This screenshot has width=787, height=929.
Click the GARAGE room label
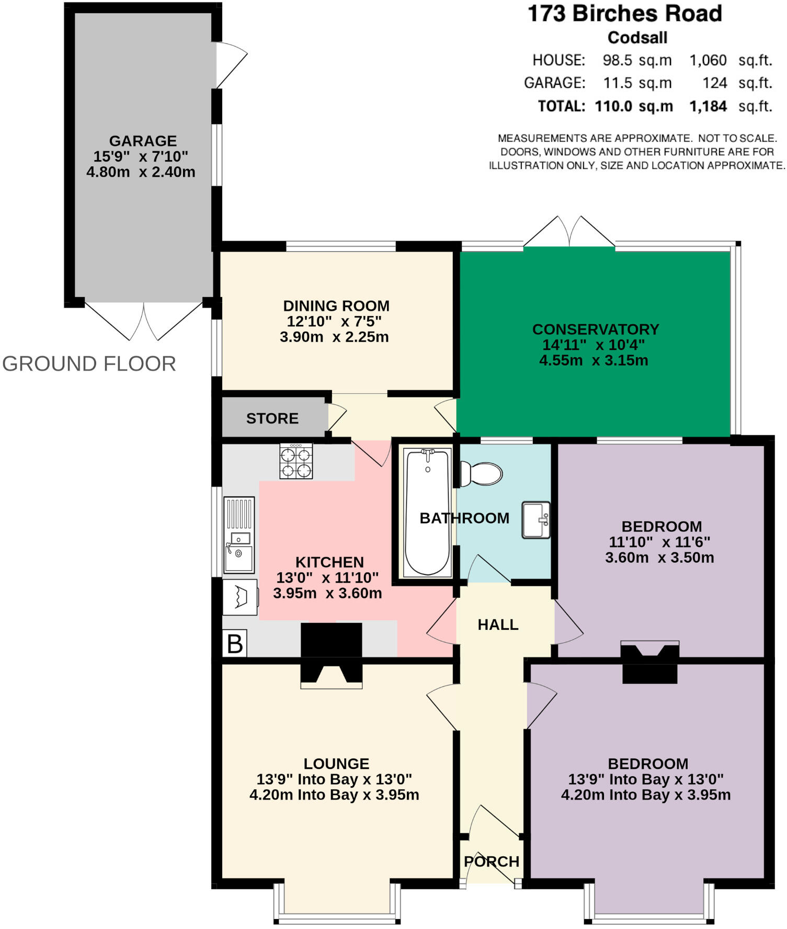[143, 141]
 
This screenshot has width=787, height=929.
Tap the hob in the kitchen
[296, 461]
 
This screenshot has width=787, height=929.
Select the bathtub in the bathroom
[427, 512]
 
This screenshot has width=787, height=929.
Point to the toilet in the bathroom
[481, 473]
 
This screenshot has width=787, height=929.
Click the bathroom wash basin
[535, 520]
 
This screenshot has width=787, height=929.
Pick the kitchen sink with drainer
[239, 534]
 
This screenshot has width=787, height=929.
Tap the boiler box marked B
[235, 643]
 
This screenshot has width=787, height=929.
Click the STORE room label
[272, 418]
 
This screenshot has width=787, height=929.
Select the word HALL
[498, 625]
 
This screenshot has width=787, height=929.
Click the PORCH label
[492, 862]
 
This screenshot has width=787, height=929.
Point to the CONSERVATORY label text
[596, 329]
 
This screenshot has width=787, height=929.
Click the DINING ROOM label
[336, 305]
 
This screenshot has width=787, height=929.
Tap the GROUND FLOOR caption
[89, 364]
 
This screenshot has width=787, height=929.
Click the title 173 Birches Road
[625, 14]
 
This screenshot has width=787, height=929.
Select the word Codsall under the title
[637, 38]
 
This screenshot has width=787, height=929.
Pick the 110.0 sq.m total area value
[634, 106]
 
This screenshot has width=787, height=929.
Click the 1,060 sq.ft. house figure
[731, 61]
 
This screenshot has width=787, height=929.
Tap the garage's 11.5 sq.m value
[637, 83]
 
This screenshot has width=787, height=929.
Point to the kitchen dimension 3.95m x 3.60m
[327, 593]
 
